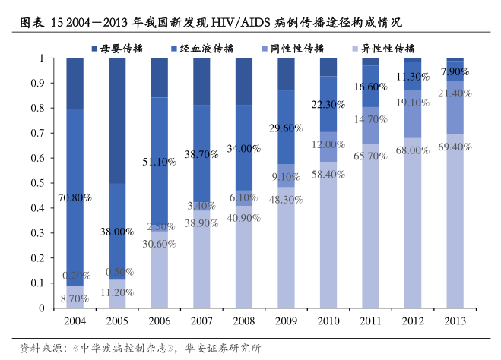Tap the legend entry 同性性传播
(x=293, y=48)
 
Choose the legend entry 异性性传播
(x=384, y=48)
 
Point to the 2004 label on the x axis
(x=74, y=322)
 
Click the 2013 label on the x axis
(x=455, y=322)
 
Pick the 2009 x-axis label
(x=286, y=322)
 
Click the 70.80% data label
(x=74, y=197)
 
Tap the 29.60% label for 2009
(x=286, y=128)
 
